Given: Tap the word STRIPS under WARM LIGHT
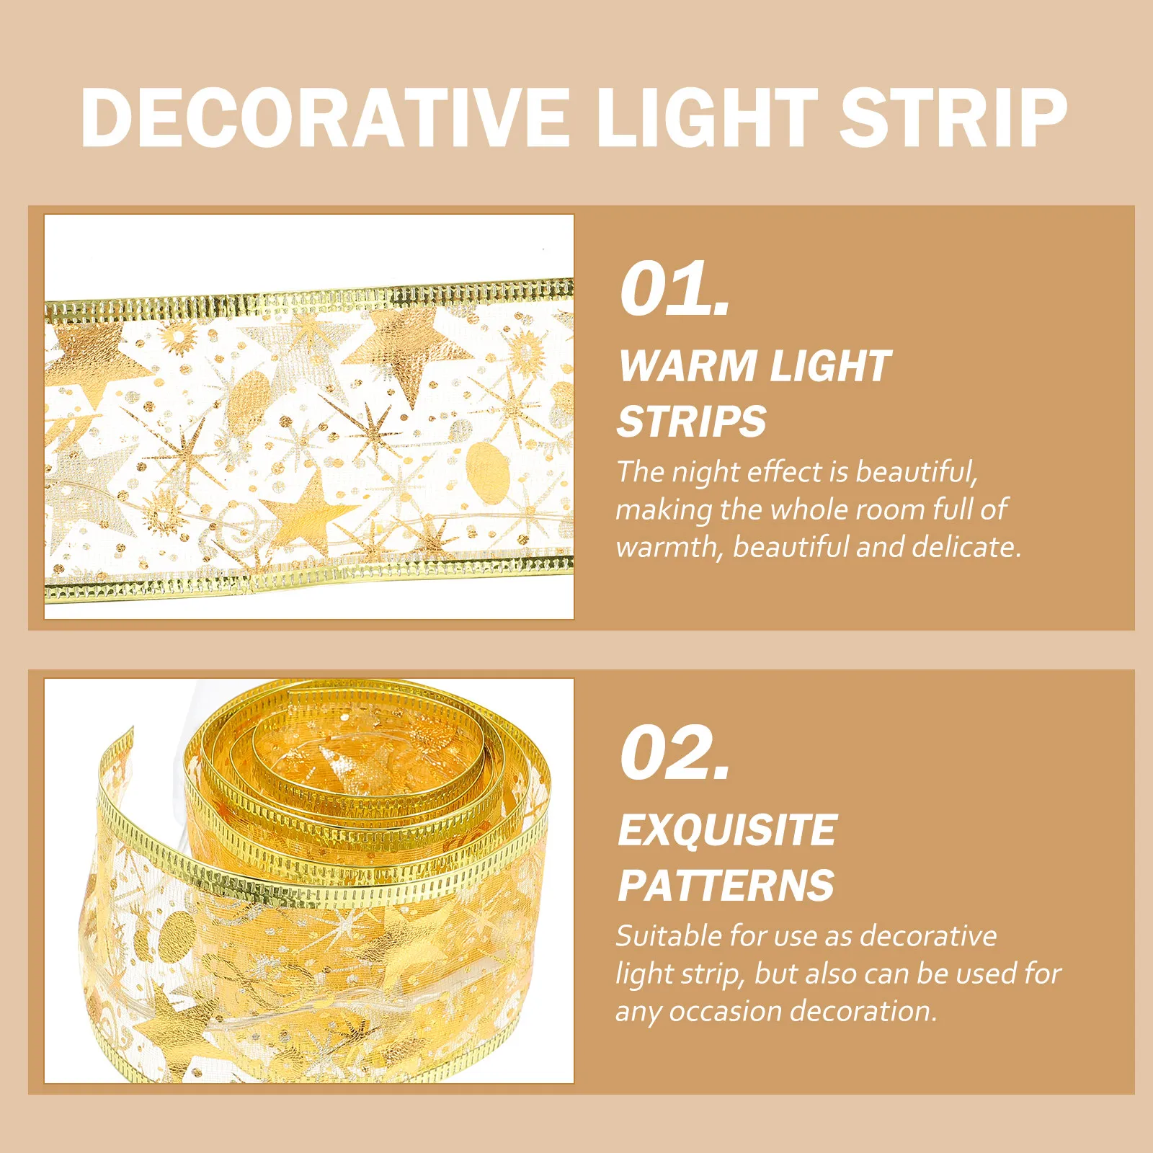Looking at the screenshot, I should (x=692, y=422).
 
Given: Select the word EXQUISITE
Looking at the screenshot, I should (x=727, y=830).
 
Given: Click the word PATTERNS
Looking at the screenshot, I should (x=726, y=886).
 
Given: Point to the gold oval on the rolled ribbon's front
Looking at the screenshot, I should (x=176, y=937).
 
